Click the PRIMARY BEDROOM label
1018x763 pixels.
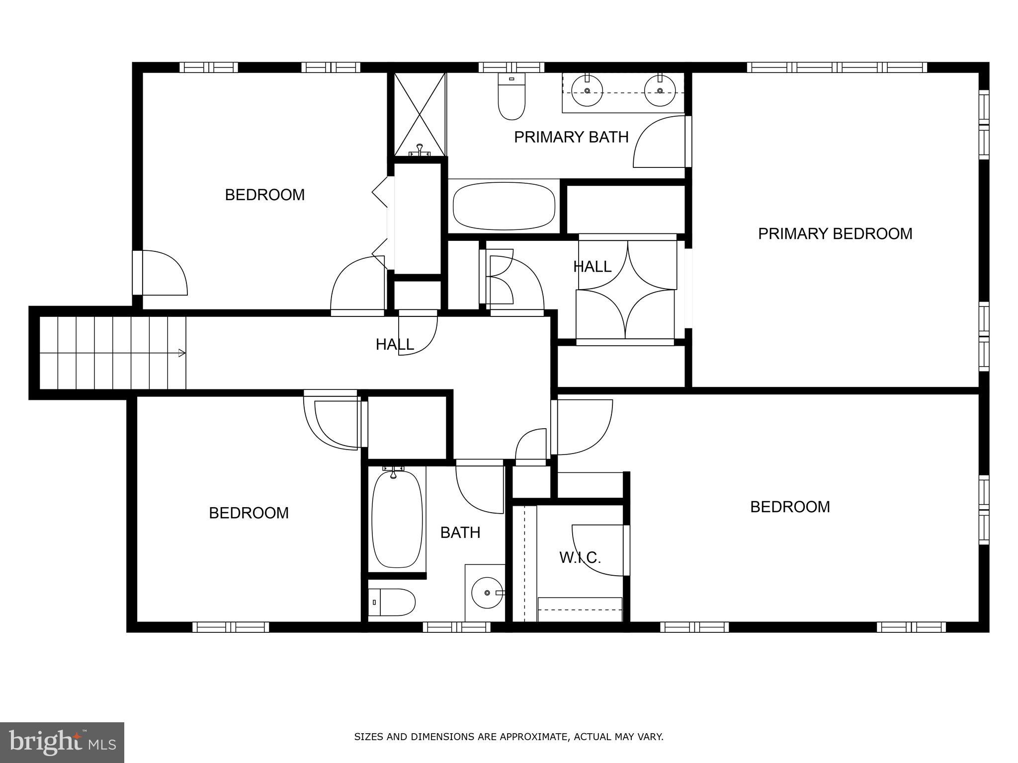pos(835,233)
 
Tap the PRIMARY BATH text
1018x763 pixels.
pos(571,137)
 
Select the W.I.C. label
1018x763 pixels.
pos(580,557)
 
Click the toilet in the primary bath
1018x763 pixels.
pos(511,99)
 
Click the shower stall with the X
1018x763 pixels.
pos(420,114)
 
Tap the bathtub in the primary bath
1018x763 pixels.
pos(504,206)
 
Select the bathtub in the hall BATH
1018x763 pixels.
pos(397,519)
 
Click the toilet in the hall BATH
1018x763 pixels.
pos(393,602)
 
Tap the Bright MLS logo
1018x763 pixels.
pos(62,742)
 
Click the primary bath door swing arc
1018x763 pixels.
pos(656,142)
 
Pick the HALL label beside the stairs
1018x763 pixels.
pos(395,344)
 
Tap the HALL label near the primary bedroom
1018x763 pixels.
pos(592,267)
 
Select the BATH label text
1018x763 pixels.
pos(460,533)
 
